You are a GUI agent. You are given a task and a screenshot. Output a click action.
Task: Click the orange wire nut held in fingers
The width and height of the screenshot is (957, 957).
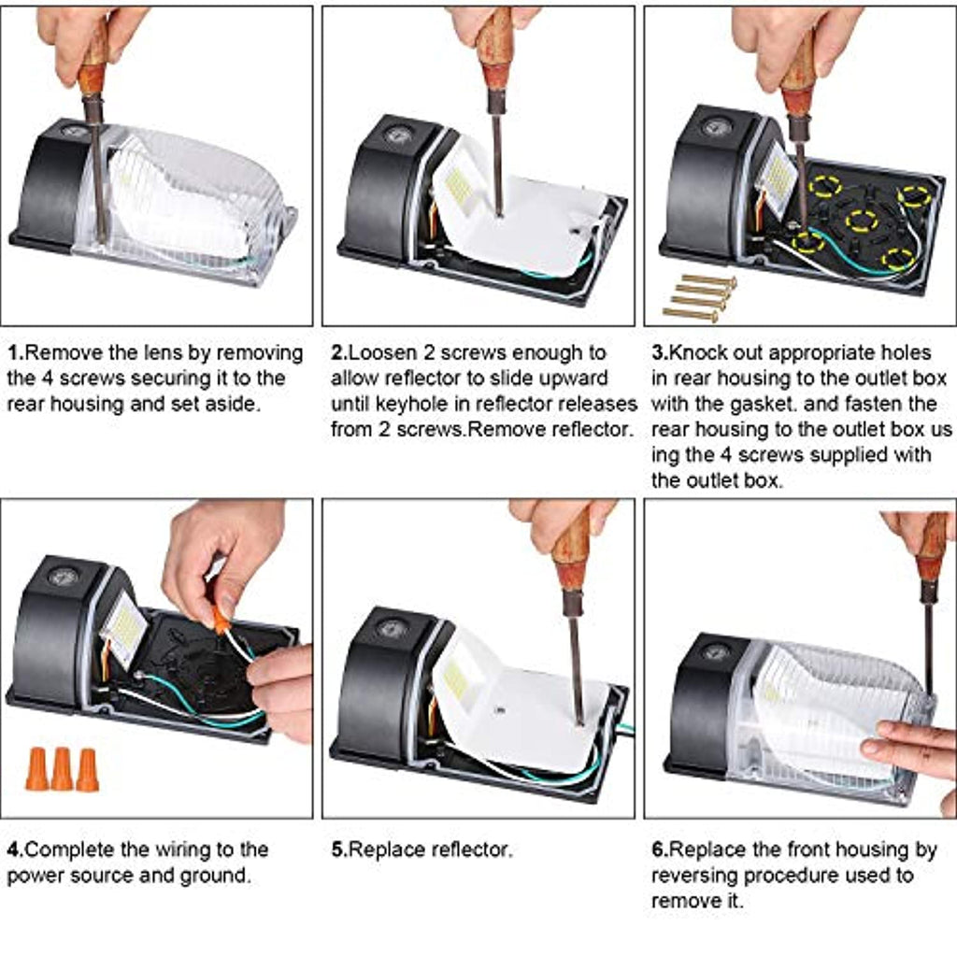click(x=221, y=620)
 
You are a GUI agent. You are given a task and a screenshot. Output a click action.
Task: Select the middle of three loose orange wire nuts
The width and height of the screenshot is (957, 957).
click(x=62, y=768)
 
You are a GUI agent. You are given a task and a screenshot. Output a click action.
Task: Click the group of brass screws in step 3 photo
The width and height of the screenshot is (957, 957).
click(x=699, y=296)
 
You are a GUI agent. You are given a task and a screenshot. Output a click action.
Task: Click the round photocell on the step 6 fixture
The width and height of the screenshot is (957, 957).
click(x=716, y=651)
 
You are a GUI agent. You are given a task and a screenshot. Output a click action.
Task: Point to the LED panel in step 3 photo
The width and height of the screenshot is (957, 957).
click(x=778, y=174)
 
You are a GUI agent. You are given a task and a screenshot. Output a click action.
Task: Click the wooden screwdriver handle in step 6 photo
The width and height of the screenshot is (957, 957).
click(x=931, y=548)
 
